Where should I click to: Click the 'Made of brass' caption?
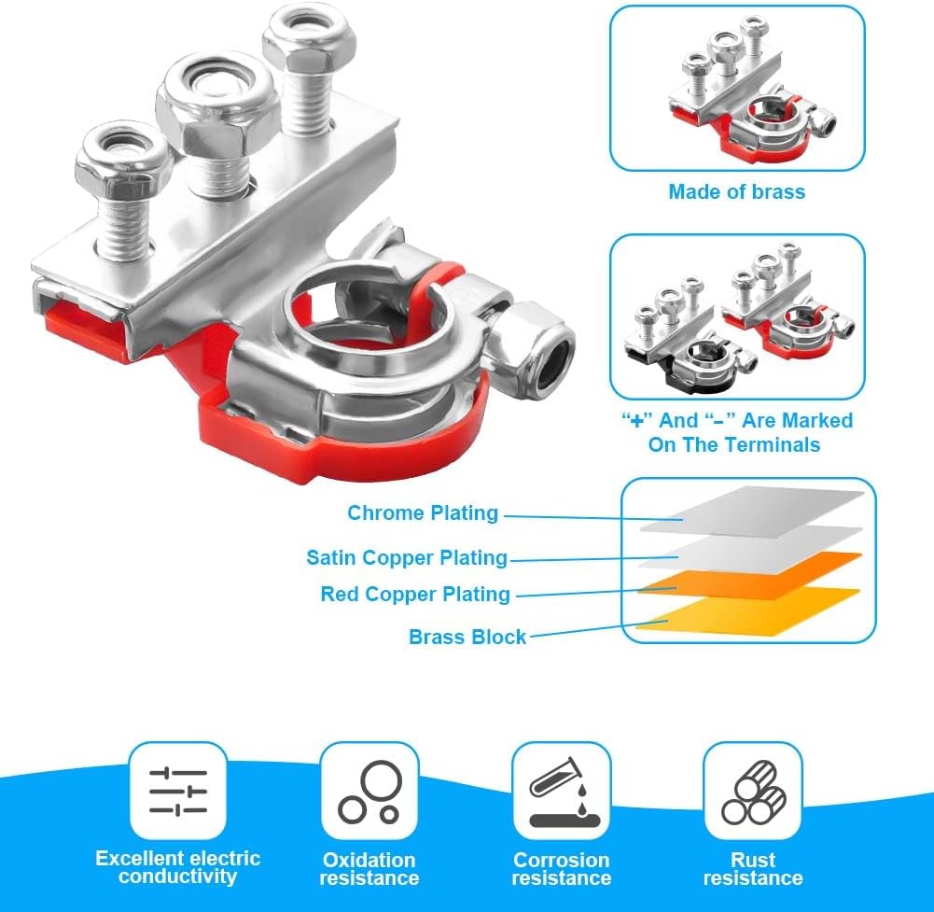point(736,192)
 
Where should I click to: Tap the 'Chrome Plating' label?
point(423,513)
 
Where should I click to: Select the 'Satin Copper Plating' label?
point(407,558)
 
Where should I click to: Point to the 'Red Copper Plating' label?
point(415,595)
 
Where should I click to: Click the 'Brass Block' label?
point(467,638)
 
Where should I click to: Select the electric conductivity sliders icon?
point(178,791)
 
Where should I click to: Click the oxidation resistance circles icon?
point(369,792)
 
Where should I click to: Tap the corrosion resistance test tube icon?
point(561,793)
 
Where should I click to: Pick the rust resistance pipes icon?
point(753,793)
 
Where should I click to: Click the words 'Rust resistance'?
point(753,869)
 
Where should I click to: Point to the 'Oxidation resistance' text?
point(369,869)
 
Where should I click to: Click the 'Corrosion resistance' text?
point(561,869)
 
